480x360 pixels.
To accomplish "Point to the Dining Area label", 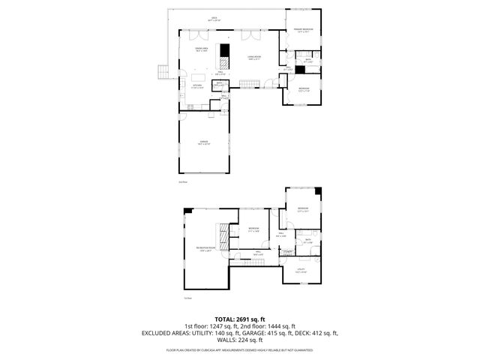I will [201, 49].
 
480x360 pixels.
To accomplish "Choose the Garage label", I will [204, 142].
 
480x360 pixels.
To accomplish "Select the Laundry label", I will [288, 252].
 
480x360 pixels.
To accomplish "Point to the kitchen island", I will [199, 76].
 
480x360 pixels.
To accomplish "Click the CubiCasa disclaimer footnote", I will [240, 349].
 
